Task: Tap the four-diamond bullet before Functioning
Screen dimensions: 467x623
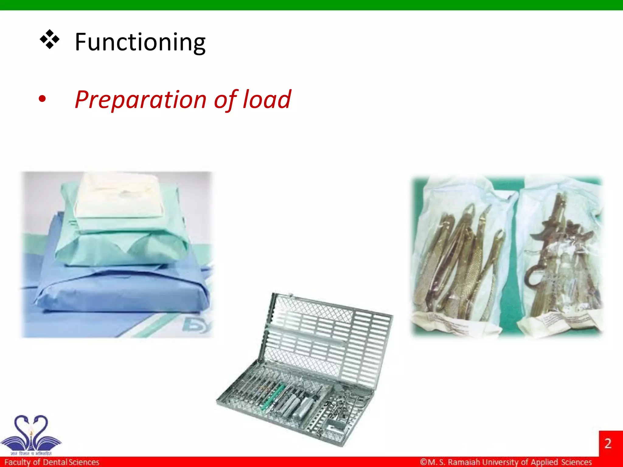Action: point(49,40)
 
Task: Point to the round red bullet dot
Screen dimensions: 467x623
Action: point(42,99)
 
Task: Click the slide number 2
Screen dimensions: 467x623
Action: point(608,443)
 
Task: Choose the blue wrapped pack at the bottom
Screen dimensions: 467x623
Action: point(122,292)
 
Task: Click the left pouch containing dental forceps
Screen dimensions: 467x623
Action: point(462,258)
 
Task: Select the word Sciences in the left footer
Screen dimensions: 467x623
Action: point(84,462)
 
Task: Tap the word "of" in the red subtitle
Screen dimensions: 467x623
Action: point(225,100)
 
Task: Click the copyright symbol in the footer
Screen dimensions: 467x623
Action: point(423,462)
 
